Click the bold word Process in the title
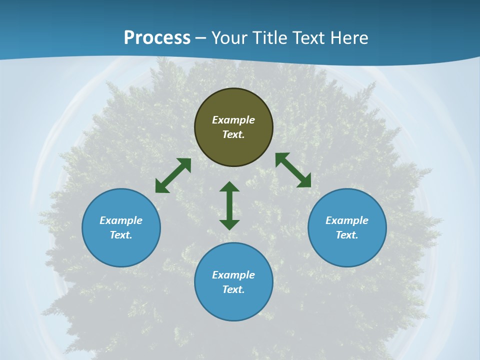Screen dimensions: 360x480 pyautogui.click(x=157, y=38)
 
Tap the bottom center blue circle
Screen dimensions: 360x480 pyautogui.click(x=233, y=305)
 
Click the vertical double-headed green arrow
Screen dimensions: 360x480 pyautogui.click(x=229, y=205)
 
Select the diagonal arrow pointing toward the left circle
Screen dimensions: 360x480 pyautogui.click(x=173, y=175)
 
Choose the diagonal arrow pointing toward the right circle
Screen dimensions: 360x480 pyautogui.click(x=293, y=170)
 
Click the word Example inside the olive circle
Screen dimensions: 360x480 pyautogui.click(x=233, y=120)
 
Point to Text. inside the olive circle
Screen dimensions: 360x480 pyautogui.click(x=233, y=134)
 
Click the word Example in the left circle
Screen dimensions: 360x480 pyautogui.click(x=121, y=220)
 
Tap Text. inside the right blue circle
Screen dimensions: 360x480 pyautogui.click(x=347, y=235)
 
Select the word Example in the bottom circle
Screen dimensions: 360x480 pyautogui.click(x=233, y=275)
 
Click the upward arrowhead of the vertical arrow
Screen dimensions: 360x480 pyautogui.click(x=229, y=186)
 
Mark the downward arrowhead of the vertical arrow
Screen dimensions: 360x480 pyautogui.click(x=229, y=224)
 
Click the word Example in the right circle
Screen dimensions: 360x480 pyautogui.click(x=347, y=220)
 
